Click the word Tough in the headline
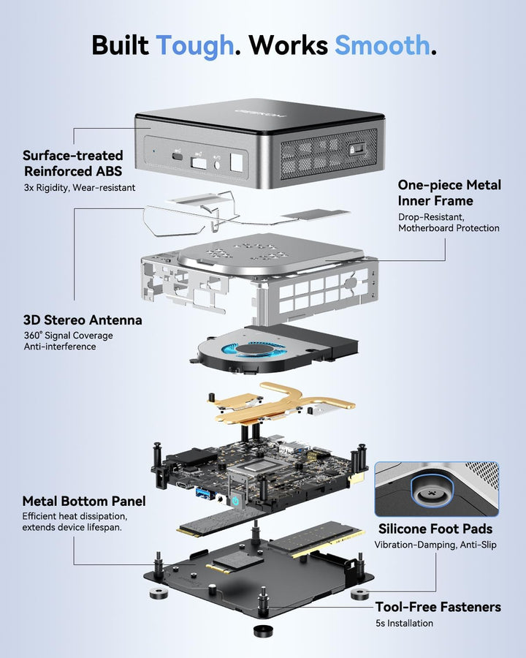[194, 45]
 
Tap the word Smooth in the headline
[383, 45]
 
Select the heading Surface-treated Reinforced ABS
[73, 163]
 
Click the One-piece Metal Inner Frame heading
[449, 192]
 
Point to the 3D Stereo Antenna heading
[83, 320]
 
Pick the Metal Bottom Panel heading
[84, 501]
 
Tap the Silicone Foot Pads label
[435, 529]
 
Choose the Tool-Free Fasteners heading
[438, 607]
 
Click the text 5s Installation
[404, 623]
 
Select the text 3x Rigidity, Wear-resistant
[80, 188]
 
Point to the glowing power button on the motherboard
[235, 501]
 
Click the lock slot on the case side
[357, 149]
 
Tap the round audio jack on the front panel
[217, 164]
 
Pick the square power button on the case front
[237, 162]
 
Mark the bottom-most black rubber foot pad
[263, 632]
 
